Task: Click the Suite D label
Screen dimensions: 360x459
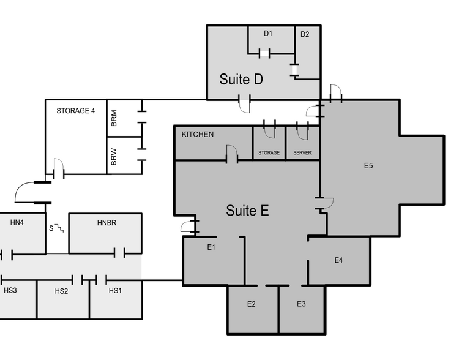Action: (x=241, y=80)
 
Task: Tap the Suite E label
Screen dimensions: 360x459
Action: (x=247, y=211)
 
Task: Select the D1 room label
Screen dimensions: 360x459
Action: (x=267, y=34)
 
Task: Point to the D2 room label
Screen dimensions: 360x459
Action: (x=305, y=34)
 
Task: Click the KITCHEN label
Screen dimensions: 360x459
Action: (x=198, y=134)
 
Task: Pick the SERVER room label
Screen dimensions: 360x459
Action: (x=303, y=152)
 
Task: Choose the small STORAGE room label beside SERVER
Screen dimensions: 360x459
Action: (x=269, y=152)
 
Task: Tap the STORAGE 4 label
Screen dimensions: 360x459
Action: (x=75, y=111)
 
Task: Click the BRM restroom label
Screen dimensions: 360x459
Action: (x=114, y=118)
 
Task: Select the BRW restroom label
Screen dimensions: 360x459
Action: (x=114, y=157)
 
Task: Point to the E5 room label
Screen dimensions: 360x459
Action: (x=368, y=165)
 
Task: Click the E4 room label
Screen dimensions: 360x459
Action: (x=338, y=260)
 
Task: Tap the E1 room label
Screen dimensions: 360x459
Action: (x=211, y=247)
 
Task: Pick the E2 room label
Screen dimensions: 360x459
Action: (x=251, y=304)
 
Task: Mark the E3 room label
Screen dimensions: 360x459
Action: (x=301, y=304)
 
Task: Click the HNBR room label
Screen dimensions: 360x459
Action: (x=106, y=223)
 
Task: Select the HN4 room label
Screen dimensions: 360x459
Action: (x=17, y=223)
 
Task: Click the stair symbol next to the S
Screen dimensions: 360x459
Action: (x=59, y=228)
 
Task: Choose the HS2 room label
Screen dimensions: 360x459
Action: (x=61, y=290)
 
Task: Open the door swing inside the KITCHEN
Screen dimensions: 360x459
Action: (x=232, y=152)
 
